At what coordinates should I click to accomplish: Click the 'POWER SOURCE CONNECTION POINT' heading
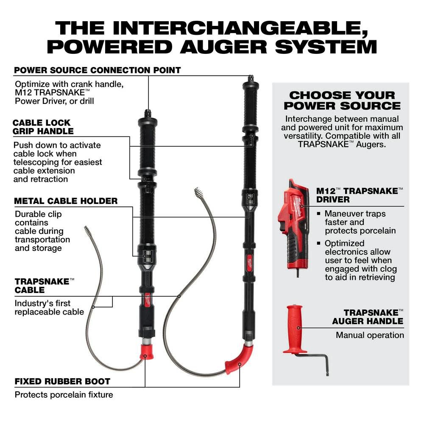[98, 70]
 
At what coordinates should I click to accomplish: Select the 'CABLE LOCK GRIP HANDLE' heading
[44, 127]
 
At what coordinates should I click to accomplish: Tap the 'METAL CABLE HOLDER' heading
[66, 201]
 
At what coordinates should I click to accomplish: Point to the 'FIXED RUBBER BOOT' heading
[62, 381]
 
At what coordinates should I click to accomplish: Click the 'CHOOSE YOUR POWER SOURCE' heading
[342, 100]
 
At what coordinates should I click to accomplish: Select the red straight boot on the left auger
[146, 351]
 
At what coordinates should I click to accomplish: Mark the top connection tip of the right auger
[251, 78]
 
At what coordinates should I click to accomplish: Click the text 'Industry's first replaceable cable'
[49, 307]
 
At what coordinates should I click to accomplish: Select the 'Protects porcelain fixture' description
[64, 395]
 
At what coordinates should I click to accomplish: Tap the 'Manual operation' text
[370, 335]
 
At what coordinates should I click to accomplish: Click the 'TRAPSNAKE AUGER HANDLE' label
[367, 316]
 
